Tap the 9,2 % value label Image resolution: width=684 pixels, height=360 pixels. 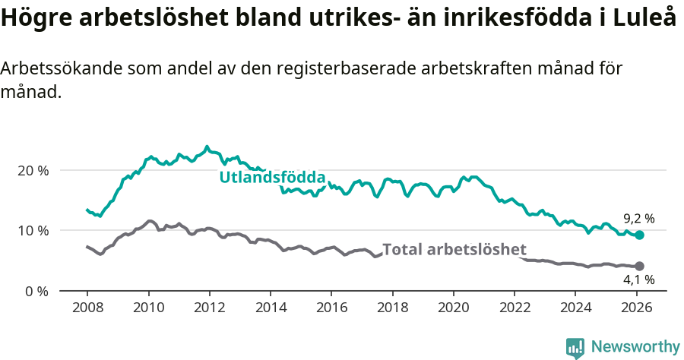639,219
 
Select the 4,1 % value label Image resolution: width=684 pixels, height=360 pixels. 639,279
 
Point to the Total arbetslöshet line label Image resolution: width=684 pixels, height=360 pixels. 454,249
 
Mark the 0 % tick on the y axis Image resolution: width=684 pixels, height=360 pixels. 36,291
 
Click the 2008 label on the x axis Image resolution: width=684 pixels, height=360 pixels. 87,308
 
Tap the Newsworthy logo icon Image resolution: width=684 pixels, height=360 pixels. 575,347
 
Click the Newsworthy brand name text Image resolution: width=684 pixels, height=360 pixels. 635,347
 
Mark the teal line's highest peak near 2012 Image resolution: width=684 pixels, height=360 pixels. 207,146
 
